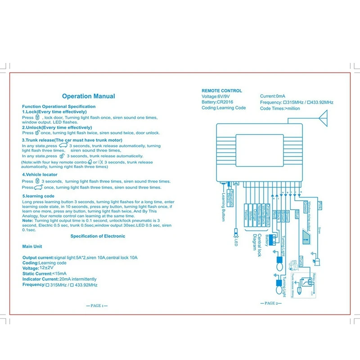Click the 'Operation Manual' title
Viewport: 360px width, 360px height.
click(88, 96)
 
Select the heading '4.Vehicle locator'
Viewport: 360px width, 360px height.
click(39, 175)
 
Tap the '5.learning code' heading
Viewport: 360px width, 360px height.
click(38, 196)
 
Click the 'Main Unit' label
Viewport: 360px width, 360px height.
click(32, 247)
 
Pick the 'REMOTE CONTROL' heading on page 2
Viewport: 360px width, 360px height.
click(221, 91)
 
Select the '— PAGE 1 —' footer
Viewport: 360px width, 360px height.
click(97, 306)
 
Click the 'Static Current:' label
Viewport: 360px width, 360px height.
click(36, 274)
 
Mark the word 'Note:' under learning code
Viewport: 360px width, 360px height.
click(27, 220)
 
